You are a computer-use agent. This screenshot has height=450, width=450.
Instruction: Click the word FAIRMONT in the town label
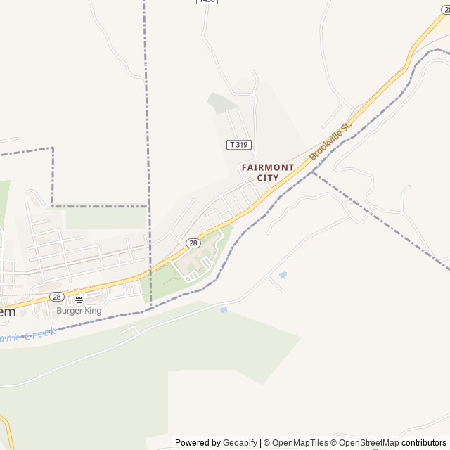click(268, 167)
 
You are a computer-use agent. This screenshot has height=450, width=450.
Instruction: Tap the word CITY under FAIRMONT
click(268, 178)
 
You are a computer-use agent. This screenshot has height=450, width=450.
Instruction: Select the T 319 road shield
click(239, 144)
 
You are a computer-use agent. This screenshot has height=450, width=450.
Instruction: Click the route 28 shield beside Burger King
click(57, 297)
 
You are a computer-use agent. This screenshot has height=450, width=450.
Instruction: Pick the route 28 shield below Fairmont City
click(193, 243)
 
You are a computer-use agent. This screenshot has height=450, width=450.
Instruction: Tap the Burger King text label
click(79, 310)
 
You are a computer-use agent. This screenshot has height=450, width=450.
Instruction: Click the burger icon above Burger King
click(79, 299)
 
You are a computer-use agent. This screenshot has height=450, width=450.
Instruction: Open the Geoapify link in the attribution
click(240, 443)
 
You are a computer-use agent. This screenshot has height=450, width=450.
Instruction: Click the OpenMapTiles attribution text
click(300, 443)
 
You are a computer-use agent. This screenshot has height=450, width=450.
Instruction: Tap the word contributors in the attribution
click(424, 443)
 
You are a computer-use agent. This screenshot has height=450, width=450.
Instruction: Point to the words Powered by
click(198, 443)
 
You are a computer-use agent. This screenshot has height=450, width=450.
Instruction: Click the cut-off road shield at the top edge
click(207, 1)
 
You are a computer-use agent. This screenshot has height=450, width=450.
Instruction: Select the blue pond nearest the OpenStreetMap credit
click(283, 274)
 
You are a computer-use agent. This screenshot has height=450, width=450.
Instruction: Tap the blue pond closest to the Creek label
click(224, 309)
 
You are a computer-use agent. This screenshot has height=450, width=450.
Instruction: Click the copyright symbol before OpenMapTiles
click(266, 443)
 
